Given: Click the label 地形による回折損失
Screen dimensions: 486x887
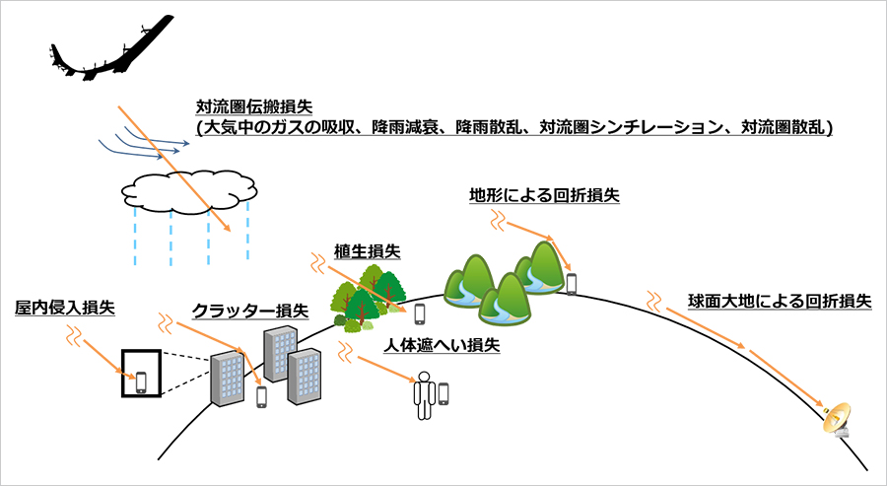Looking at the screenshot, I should [x=544, y=194].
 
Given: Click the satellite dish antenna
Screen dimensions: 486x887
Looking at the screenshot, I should [x=840, y=420].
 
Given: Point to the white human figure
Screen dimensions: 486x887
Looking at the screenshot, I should [x=424, y=392].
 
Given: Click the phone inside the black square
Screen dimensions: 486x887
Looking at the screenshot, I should [x=141, y=381].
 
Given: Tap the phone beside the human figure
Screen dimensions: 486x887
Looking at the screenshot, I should [x=443, y=393].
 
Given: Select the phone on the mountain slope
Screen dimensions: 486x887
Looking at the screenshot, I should [x=571, y=284].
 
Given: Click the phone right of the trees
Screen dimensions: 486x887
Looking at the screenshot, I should [x=420, y=313].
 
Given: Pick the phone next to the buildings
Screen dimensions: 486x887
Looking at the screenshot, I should [x=262, y=396].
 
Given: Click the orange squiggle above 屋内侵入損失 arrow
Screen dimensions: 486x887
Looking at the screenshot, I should [x=72, y=336].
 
